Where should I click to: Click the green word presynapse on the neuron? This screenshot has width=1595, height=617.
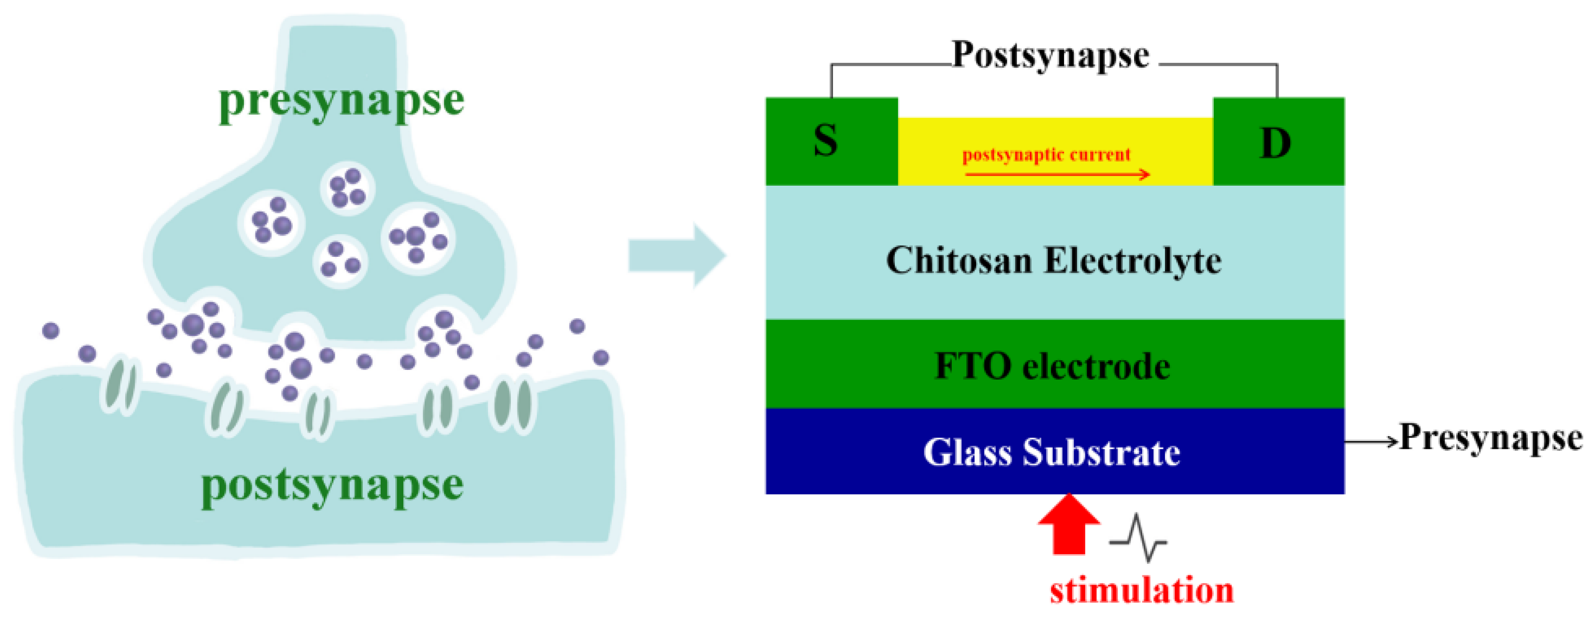tap(341, 101)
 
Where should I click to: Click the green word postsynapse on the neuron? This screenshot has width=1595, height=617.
tap(332, 485)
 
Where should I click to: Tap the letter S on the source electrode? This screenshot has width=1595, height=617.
tap(825, 141)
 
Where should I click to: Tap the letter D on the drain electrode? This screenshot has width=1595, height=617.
tap(1276, 144)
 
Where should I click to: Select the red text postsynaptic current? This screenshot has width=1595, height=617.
tap(1047, 155)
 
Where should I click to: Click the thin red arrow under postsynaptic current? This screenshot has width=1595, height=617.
tap(1056, 175)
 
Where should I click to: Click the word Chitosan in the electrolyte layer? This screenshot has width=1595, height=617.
tap(957, 260)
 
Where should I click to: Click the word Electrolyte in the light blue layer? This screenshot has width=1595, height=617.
tap(1133, 261)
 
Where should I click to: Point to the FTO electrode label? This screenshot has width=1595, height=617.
tap(1052, 367)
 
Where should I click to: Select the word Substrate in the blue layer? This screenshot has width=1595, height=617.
tap(1101, 453)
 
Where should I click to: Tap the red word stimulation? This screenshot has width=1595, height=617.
tap(1142, 590)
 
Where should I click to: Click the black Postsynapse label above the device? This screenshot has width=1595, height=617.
tap(1051, 55)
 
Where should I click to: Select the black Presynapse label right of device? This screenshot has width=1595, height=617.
tap(1491, 438)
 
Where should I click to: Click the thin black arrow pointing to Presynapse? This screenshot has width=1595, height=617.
tap(1371, 441)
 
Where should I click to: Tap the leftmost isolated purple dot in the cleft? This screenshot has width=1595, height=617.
tap(51, 331)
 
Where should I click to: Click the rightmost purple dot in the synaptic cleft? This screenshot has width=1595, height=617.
tap(601, 357)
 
